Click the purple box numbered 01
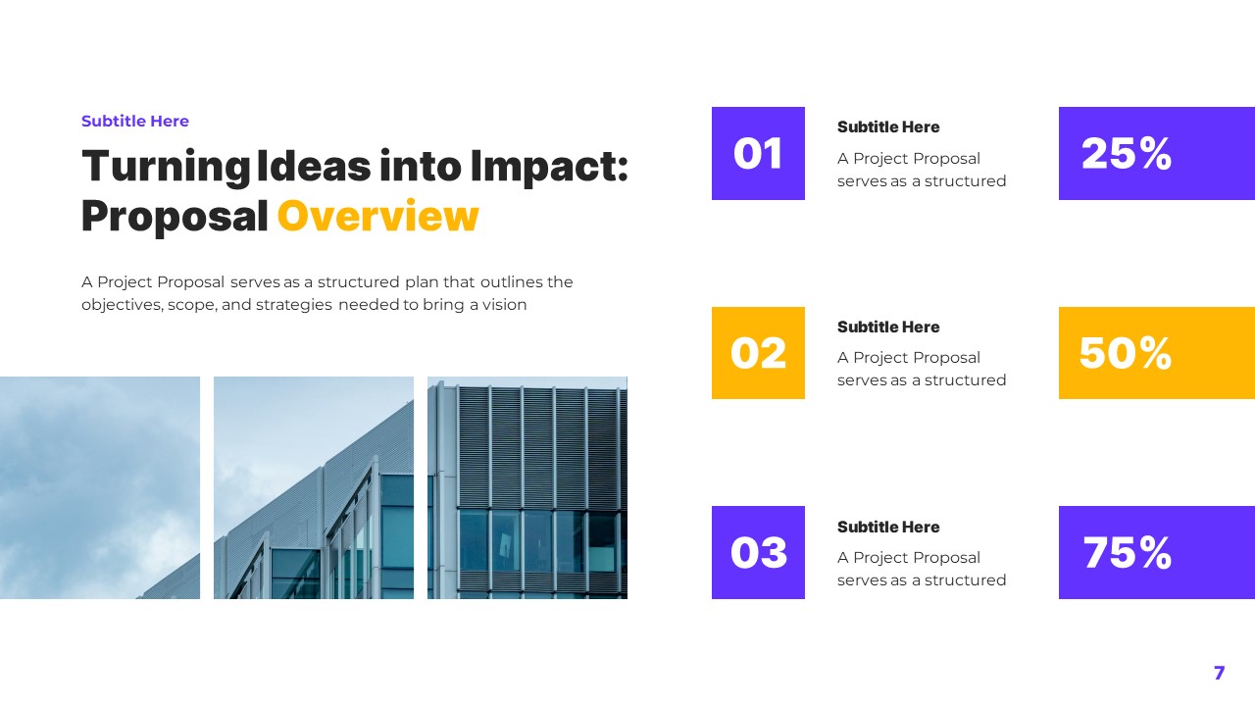tap(758, 154)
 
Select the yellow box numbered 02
tap(758, 353)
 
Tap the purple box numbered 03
tap(758, 553)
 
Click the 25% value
tap(1127, 154)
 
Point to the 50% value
tap(1126, 353)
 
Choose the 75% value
tap(1127, 553)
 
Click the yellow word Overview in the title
tap(378, 217)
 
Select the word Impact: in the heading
tap(549, 167)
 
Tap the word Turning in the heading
tap(166, 167)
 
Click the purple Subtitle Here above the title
tap(135, 122)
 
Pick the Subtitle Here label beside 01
tap(888, 127)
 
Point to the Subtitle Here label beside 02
tap(888, 328)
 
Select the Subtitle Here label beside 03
tap(888, 528)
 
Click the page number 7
tap(1219, 673)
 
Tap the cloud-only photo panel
tap(100, 487)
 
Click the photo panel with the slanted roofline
tap(314, 487)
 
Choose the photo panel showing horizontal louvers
tap(527, 487)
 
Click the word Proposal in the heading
tap(175, 217)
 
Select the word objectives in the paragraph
tap(122, 305)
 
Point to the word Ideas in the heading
tap(313, 167)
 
